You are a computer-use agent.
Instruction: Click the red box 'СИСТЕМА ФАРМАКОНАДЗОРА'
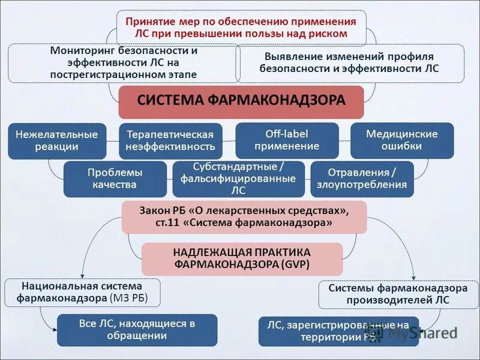click(241, 101)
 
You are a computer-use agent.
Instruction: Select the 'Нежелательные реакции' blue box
click(57, 141)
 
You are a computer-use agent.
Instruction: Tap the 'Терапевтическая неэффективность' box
click(170, 141)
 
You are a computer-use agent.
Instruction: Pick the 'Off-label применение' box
click(286, 140)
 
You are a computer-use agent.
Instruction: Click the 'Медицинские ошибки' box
click(402, 140)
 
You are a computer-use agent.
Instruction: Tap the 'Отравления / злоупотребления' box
click(362, 179)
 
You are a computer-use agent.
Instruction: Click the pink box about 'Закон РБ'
click(244, 217)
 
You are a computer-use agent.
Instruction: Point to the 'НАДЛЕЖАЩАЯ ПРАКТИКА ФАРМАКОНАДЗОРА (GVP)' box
click(242, 259)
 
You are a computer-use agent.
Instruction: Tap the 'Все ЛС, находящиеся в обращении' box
click(137, 330)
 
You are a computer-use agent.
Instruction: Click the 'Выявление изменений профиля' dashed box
click(350, 63)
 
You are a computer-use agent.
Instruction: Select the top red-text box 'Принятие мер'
click(241, 28)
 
